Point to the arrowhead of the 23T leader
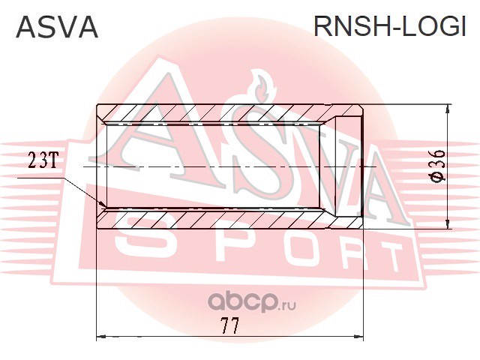click(x=106, y=205)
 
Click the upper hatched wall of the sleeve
click(x=217, y=112)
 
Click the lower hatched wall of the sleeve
click(x=217, y=219)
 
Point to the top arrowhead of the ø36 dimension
click(x=448, y=107)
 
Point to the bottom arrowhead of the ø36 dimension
click(x=448, y=223)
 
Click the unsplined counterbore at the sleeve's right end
click(x=346, y=165)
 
